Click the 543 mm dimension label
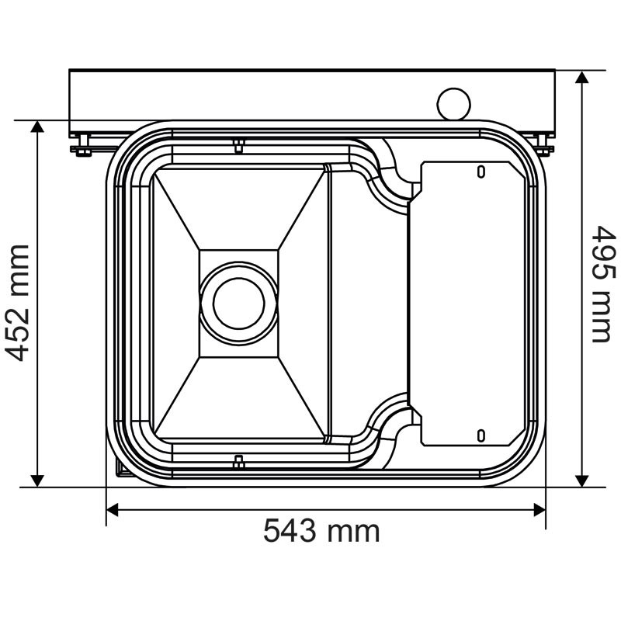point(321,532)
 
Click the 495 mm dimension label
point(602,283)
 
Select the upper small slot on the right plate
point(480,171)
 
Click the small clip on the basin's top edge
point(239,144)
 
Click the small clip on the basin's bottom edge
point(239,462)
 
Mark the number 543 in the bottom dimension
point(290,532)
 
